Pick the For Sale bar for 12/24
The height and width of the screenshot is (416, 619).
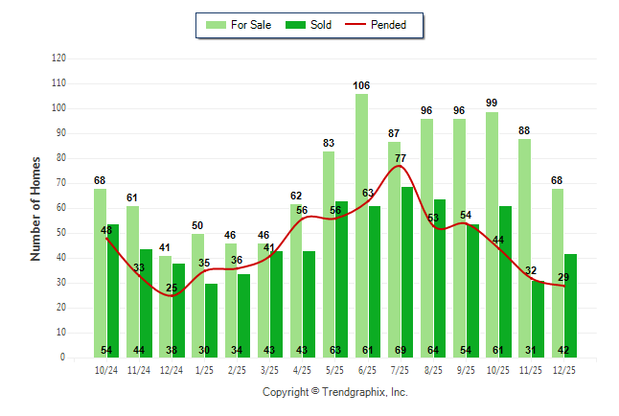[x=166, y=307]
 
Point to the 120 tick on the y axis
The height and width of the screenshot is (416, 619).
[x=59, y=58]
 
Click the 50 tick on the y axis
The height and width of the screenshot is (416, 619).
[x=61, y=233]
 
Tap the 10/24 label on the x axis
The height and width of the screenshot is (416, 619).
[x=106, y=369]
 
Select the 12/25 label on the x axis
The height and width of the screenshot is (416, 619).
[x=564, y=369]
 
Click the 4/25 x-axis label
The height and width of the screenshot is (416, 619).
[x=303, y=369]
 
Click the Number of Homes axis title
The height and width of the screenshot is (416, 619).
[x=36, y=208]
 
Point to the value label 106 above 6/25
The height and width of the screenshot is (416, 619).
[x=361, y=86]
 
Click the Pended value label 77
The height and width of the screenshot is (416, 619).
[x=401, y=158]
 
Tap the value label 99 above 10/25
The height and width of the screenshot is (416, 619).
[x=492, y=104]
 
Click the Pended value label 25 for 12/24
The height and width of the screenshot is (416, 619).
[x=172, y=288]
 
